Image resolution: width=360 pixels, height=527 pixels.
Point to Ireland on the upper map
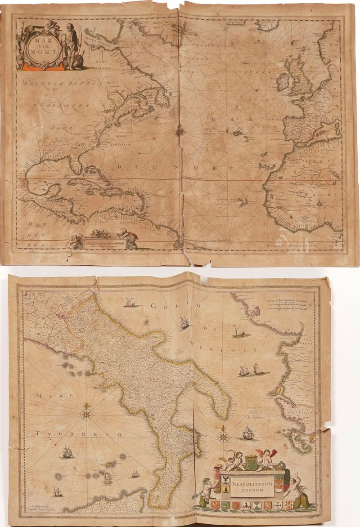tap(283, 81)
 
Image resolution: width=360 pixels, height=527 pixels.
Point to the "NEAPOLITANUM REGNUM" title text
tap(252, 486)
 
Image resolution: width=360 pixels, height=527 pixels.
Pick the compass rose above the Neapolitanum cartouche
tap(223, 435)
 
